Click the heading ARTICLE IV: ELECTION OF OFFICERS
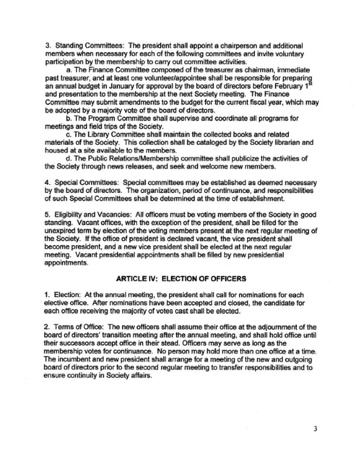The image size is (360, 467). pos(181,278)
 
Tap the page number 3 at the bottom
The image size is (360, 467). pos(315,429)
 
